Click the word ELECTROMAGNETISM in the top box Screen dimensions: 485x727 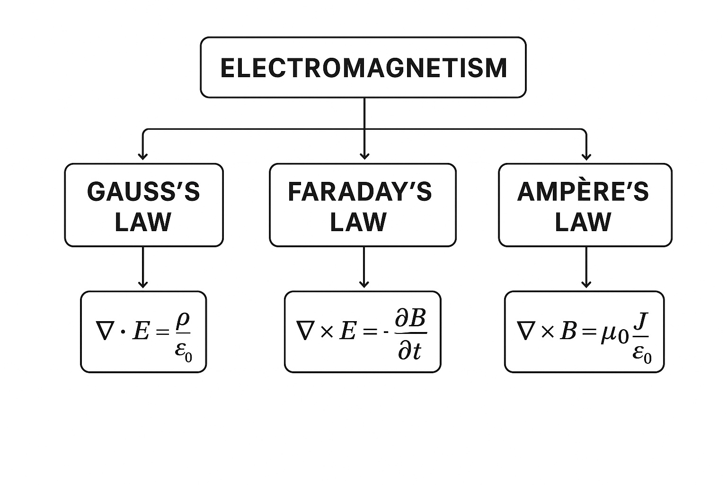point(363,68)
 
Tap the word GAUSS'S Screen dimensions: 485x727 point(143,191)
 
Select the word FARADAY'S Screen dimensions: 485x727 point(360,191)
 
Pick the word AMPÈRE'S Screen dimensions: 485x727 point(583,191)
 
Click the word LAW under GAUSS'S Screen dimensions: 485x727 point(142,222)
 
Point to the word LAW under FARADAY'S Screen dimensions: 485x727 point(358,222)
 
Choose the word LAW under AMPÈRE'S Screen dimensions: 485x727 point(583,222)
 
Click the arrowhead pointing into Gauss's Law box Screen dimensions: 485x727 point(142,156)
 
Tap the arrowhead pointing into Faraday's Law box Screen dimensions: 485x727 point(364,156)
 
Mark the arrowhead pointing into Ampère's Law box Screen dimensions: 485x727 point(586,156)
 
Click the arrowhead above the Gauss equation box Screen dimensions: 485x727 point(142,284)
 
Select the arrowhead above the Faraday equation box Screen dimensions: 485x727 point(364,284)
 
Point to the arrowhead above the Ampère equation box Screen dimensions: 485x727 point(586,284)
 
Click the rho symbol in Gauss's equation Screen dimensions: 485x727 point(182,319)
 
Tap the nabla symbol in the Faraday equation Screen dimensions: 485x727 point(305,331)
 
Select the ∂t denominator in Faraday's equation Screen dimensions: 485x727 point(409,351)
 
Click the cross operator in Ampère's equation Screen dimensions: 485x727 point(547,332)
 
